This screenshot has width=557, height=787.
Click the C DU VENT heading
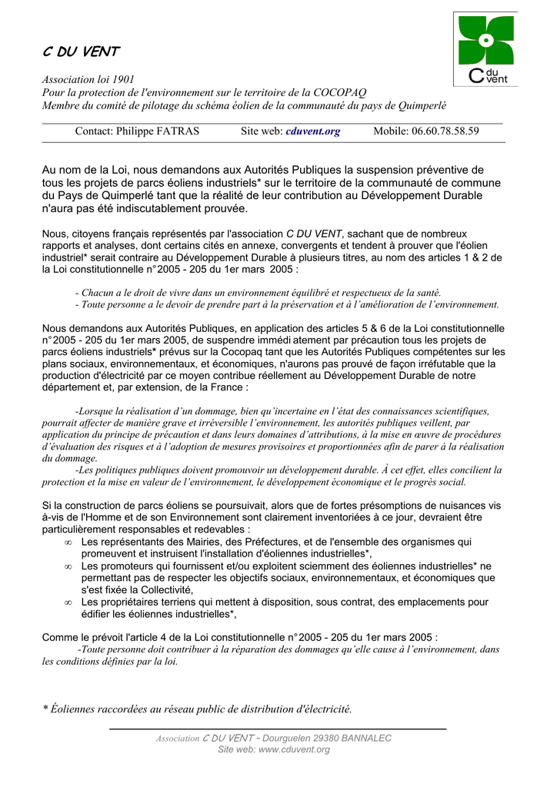click(80, 51)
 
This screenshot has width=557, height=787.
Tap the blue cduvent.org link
click(312, 131)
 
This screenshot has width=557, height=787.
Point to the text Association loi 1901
click(88, 80)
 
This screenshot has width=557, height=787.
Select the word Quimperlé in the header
click(422, 105)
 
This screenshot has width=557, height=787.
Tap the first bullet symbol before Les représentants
click(68, 543)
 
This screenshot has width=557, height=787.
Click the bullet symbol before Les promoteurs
click(68, 566)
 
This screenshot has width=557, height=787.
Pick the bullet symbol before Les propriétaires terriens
click(68, 603)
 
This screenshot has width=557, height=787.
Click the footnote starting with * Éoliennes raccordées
click(196, 709)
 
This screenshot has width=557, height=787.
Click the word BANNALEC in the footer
click(365, 739)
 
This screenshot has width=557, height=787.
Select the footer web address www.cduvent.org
click(294, 750)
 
